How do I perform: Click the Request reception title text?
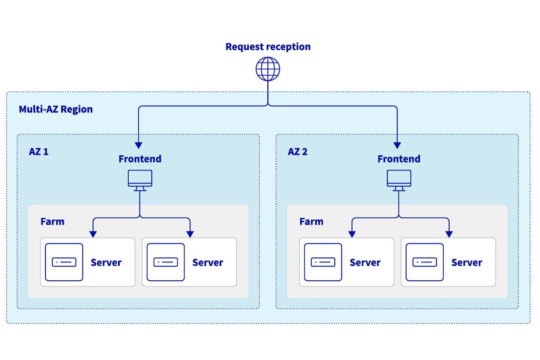coord(268,47)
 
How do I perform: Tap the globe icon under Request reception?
coord(268,69)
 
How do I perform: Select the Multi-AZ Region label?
coord(56,109)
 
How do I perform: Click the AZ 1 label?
coord(39,152)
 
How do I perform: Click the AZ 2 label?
coord(297,152)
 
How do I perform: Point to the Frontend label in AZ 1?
coord(140,159)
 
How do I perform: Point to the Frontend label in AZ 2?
coord(399,159)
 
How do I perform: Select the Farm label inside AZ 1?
coord(52,221)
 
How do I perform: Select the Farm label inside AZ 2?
coord(311,221)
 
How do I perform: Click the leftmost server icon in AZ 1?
coord(64,262)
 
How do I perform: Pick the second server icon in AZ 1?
coord(166,262)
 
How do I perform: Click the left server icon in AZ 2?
coord(323,262)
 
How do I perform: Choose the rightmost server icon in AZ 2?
coord(424,262)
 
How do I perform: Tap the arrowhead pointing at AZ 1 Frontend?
coord(139,145)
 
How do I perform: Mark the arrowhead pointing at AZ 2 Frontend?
coord(397,145)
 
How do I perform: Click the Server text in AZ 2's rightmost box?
coord(467,262)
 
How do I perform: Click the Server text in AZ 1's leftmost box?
coord(106,262)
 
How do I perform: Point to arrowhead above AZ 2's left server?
coord(352,234)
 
